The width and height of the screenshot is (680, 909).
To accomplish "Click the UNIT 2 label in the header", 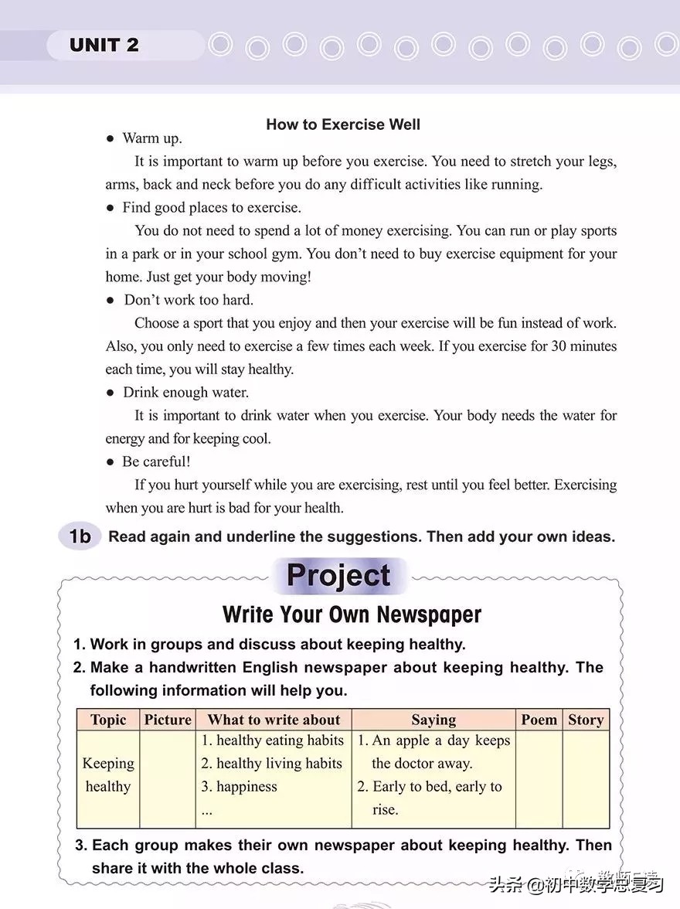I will tap(104, 45).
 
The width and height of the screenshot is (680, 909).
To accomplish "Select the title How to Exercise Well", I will tap(343, 124).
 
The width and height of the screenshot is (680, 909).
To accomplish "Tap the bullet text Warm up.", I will tap(152, 138).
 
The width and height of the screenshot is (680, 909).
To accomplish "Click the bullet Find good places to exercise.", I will tap(212, 207).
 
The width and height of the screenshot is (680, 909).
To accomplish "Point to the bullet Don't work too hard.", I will tap(189, 300).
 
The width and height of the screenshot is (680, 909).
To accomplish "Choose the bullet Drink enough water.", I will tap(185, 393).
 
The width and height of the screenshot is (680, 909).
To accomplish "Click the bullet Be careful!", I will tap(156, 461).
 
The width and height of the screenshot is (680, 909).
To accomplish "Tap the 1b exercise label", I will tap(80, 536).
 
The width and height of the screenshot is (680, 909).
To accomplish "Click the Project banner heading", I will tap(338, 576).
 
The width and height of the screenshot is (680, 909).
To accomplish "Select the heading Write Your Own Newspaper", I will tap(352, 615).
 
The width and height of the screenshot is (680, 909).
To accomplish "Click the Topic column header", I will tap(108, 720).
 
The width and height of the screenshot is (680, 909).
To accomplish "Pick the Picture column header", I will tap(168, 720).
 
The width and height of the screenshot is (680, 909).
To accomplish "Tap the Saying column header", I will tap(433, 720).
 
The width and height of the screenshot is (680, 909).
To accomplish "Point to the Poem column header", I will tap(539, 720).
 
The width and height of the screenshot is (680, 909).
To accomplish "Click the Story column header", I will tap(585, 720).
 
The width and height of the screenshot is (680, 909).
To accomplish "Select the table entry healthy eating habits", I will tap(279, 740).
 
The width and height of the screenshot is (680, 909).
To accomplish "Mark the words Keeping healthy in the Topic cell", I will tap(108, 775).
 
